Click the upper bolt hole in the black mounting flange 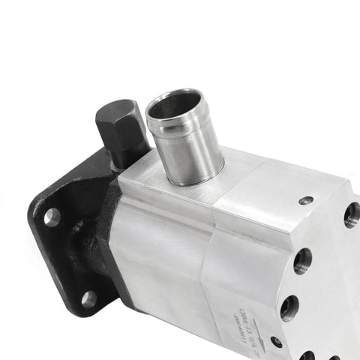(52, 217)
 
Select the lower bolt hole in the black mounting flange (88, 299)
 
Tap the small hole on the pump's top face (305, 200)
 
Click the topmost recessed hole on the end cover (352, 214)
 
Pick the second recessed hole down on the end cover (302, 261)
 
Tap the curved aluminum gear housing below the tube (161, 255)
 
